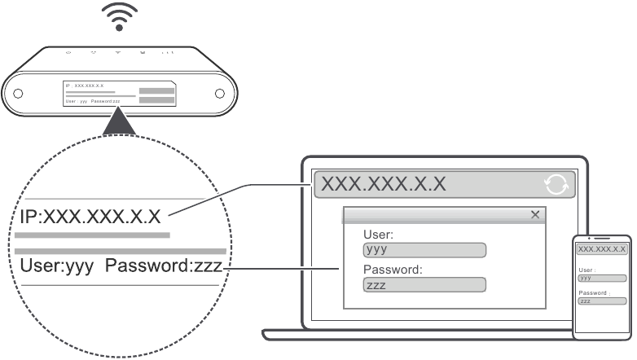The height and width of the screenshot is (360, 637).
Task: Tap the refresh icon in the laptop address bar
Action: click(x=556, y=185)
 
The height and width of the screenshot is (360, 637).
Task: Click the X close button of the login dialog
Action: click(x=535, y=214)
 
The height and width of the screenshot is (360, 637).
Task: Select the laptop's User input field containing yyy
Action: click(x=424, y=250)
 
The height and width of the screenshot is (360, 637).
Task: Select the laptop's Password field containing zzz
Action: click(x=424, y=285)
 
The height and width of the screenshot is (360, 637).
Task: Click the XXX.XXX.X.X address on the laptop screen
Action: click(x=384, y=184)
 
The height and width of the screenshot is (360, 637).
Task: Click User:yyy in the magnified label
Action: click(x=53, y=266)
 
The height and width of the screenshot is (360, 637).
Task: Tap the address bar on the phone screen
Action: click(x=601, y=248)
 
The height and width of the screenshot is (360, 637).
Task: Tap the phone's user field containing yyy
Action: click(x=601, y=278)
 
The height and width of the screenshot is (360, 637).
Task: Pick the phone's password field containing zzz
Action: click(x=601, y=301)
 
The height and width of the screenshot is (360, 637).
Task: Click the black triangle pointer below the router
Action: click(x=119, y=123)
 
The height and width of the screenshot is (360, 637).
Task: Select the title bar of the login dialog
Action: click(x=432, y=214)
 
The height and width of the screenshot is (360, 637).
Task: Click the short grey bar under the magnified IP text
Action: click(x=92, y=235)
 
